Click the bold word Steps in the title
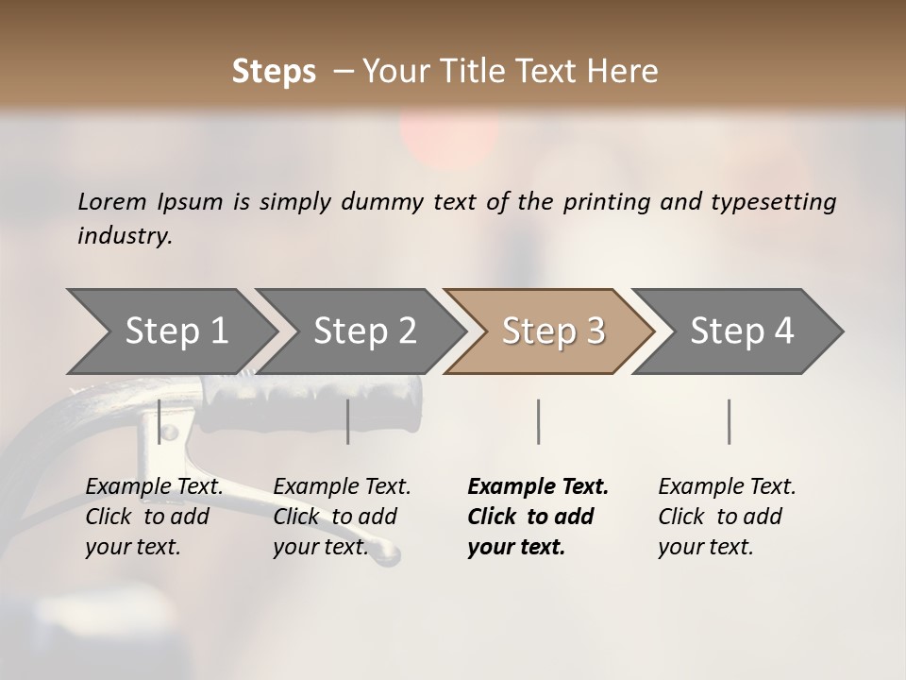(274, 72)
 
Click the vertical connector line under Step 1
(159, 421)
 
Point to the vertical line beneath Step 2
(348, 421)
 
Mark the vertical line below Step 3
(538, 421)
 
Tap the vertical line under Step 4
(729, 421)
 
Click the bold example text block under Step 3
(538, 517)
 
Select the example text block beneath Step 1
(154, 517)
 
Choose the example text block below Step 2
(342, 517)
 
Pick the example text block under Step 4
(727, 517)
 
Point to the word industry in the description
(125, 236)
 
